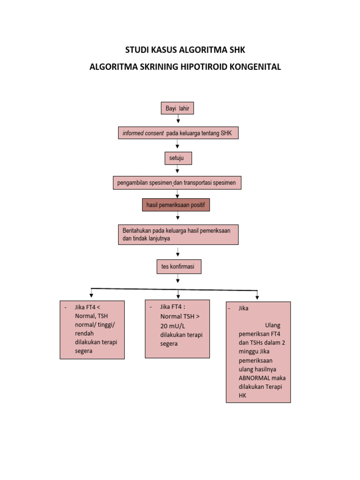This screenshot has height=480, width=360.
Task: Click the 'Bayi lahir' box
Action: pos(177,108)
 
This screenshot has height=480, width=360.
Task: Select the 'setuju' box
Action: pos(177,158)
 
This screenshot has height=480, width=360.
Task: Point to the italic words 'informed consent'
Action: pos(143,134)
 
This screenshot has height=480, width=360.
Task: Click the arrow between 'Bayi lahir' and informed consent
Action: pos(178,120)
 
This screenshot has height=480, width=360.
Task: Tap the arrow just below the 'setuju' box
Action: pos(177,170)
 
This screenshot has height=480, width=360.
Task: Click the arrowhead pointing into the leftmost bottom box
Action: pos(91,295)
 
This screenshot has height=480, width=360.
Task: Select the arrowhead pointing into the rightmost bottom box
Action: pos(257,297)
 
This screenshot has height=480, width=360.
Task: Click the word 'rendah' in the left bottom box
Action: pos(84,333)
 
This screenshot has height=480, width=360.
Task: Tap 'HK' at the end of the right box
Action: pos(242,396)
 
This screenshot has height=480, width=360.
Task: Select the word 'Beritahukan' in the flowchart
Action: pos(137,231)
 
